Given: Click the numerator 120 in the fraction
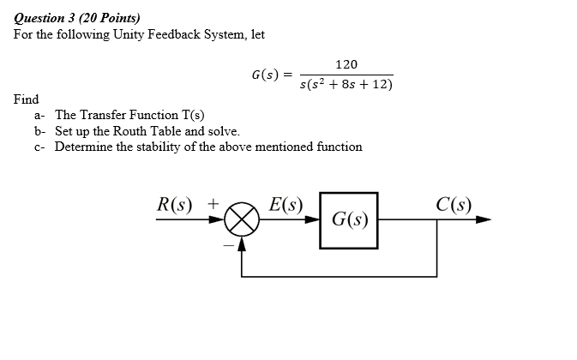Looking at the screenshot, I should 347,65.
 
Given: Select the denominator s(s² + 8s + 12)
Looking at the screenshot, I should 346,84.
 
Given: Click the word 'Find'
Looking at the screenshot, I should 26,99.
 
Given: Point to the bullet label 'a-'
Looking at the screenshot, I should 40,116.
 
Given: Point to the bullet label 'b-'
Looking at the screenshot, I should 40,131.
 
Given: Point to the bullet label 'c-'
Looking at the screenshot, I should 40,147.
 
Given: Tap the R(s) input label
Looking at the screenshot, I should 176,205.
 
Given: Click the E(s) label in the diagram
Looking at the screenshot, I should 285,205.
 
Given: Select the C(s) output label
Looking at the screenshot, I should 453,205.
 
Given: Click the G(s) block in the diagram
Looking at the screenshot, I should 349,220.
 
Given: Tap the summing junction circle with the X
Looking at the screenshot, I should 242,220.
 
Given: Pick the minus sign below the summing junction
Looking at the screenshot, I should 227,241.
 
